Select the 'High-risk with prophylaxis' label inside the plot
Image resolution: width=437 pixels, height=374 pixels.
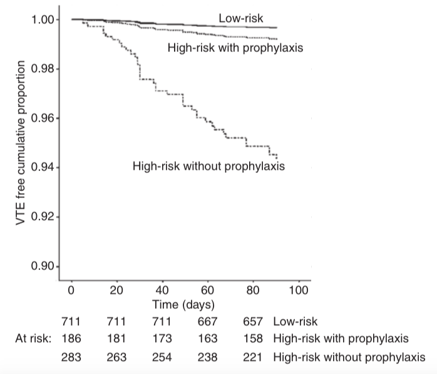[235, 48]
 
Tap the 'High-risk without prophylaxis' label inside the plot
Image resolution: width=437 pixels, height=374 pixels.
[208, 166]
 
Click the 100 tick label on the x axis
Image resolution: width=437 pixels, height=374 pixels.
[299, 291]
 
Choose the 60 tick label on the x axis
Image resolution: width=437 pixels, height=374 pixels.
[208, 291]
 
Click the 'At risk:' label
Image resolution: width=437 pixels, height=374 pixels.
[33, 339]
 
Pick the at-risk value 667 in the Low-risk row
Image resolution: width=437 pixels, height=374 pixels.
[208, 322]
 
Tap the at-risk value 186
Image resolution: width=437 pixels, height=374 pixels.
[71, 339]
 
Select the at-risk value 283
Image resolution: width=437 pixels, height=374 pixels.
[71, 356]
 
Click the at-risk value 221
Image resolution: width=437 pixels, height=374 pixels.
[254, 356]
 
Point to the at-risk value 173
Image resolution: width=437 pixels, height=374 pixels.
[162, 339]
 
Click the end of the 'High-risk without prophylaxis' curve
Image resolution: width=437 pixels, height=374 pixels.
[277, 157]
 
